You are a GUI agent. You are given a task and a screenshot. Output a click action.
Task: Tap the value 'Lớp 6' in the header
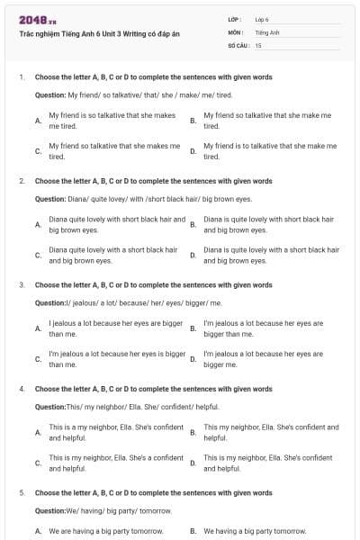pos(262,19)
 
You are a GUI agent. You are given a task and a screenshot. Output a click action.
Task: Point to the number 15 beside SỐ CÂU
pos(258,44)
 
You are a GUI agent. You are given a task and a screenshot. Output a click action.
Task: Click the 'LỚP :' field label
pos(235,19)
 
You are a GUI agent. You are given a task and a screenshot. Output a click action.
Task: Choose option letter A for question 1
pos(37,121)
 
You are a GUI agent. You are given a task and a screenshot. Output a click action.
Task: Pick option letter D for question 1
pos(193,150)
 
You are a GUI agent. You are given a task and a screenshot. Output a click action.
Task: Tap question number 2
pos(22,181)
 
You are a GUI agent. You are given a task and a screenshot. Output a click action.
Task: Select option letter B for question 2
pos(193,224)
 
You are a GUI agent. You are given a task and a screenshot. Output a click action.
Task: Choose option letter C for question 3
pos(37,359)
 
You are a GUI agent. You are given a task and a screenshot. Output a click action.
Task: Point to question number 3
pos(22,284)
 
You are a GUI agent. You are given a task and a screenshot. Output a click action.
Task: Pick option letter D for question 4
pos(193,463)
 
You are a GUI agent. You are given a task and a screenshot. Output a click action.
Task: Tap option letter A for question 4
pos(37,432)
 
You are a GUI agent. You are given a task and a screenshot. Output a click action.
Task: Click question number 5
pos(22,493)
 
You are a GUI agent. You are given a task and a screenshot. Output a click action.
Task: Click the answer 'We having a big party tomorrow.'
pos(255,531)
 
